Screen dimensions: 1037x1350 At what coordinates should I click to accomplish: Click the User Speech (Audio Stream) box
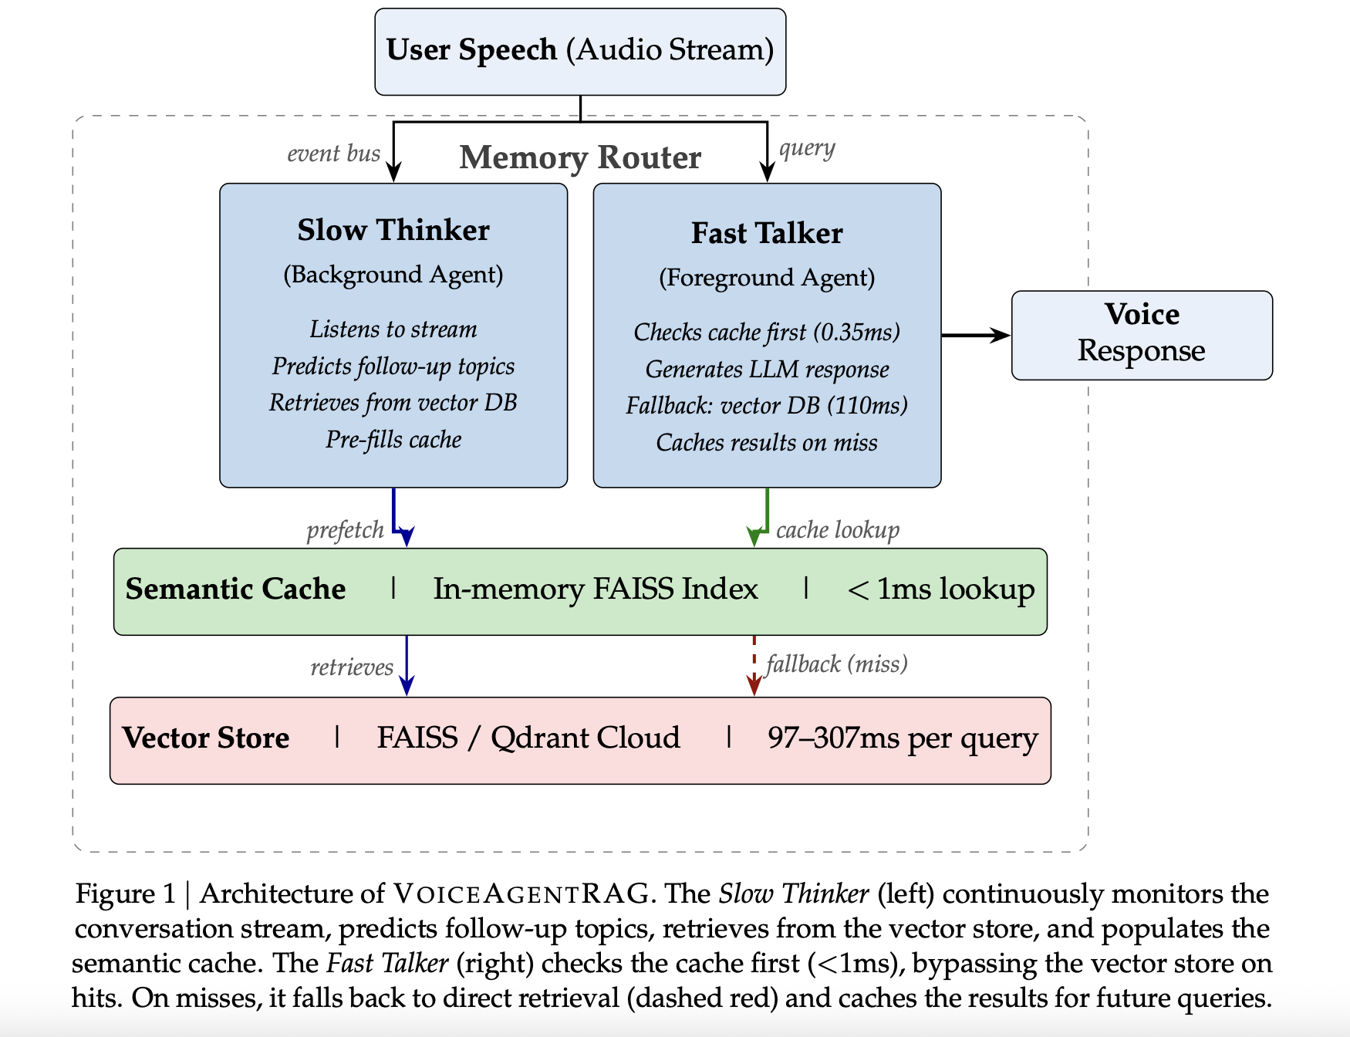point(580,51)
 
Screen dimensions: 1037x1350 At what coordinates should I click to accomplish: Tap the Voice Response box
point(1141,334)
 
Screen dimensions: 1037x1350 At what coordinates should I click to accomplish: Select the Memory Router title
point(580,157)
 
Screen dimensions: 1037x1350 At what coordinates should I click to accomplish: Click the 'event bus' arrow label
point(333,154)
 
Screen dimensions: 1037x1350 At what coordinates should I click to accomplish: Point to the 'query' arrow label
point(807,148)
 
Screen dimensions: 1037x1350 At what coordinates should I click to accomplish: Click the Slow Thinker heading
point(393,230)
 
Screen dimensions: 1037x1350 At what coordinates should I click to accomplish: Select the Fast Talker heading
point(767,233)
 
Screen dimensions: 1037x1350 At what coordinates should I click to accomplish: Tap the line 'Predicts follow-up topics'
point(393,366)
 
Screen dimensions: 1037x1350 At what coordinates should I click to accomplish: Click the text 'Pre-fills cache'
point(393,440)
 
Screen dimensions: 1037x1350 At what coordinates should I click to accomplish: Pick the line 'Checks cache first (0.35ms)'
point(767,332)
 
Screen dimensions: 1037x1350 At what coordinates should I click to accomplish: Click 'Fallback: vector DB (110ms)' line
point(767,406)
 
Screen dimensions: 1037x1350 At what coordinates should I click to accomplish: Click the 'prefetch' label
point(345,530)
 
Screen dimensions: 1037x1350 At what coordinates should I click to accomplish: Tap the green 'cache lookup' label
point(838,530)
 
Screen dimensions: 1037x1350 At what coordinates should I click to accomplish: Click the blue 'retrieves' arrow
point(407,665)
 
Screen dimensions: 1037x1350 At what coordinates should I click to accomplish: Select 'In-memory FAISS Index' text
point(596,589)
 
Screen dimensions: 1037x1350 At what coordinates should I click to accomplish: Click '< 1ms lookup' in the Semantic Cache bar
point(940,589)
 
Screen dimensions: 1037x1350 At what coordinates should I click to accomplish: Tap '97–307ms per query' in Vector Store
point(903,738)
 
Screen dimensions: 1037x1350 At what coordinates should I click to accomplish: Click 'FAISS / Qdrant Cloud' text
point(528,738)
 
